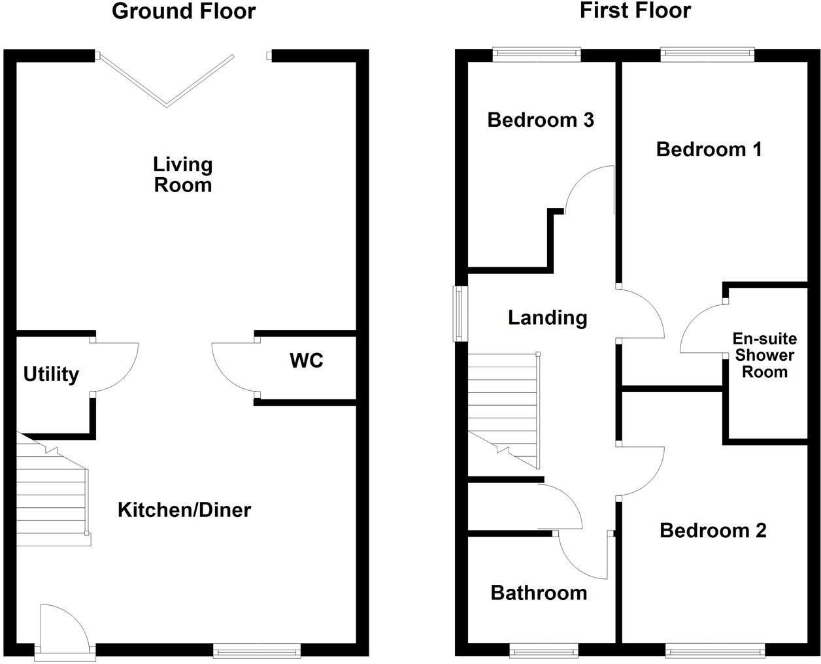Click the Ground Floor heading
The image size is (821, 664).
coord(184,11)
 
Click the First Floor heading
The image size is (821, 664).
coord(635,11)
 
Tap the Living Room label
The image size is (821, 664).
coord(183,174)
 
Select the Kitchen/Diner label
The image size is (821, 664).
coord(184,510)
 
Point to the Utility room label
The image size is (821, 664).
coord(51,374)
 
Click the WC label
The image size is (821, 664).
coord(307,360)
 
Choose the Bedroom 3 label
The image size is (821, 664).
coord(541,120)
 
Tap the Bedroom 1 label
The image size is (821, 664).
coord(709,149)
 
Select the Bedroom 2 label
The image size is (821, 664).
coord(713,530)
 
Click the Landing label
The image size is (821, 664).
coord(548,318)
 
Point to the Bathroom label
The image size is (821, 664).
coord(539,593)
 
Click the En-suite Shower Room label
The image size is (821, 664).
coord(764,356)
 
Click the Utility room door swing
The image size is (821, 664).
coord(116,366)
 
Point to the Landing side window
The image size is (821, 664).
coord(460,314)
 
